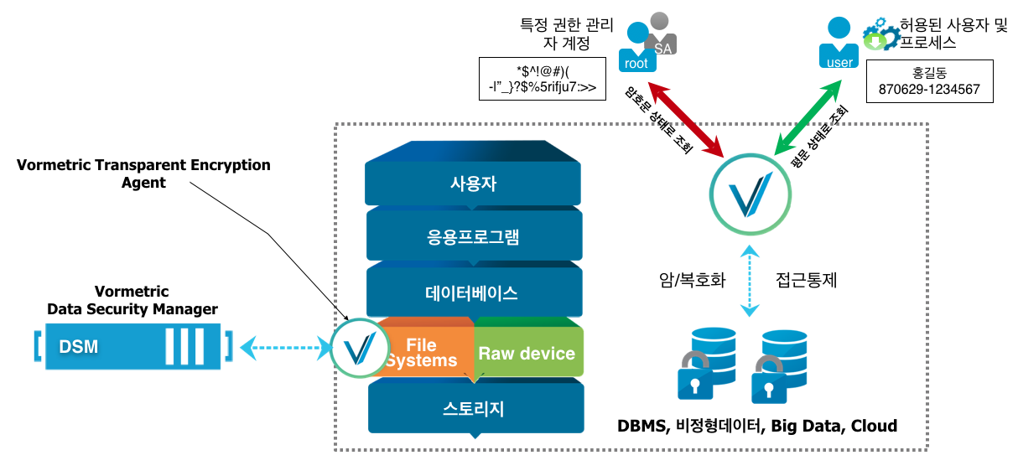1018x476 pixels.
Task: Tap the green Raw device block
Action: pyautogui.click(x=527, y=353)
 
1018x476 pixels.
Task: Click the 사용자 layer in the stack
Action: pyautogui.click(x=473, y=184)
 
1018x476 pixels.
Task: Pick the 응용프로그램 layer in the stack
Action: pyautogui.click(x=473, y=237)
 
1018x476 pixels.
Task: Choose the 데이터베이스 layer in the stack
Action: pyautogui.click(x=473, y=293)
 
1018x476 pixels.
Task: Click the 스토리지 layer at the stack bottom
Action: pyautogui.click(x=473, y=408)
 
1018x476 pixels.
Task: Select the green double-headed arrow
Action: pyautogui.click(x=809, y=117)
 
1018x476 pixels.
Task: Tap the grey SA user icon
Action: pyautogui.click(x=663, y=34)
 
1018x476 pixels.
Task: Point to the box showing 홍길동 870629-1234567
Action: pyautogui.click(x=929, y=81)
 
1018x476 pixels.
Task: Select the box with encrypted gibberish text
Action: pyautogui.click(x=541, y=79)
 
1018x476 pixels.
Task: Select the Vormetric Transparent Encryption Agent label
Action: pyautogui.click(x=143, y=173)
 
